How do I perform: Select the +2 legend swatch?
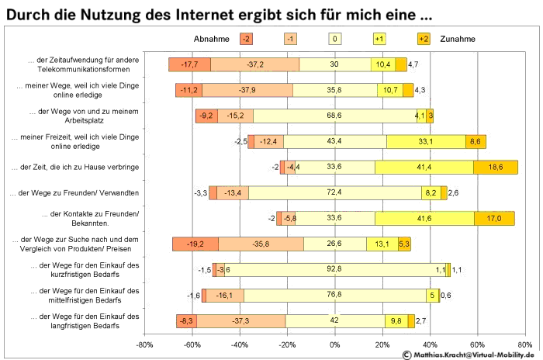[x=423, y=38]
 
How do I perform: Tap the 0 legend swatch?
[x=334, y=38]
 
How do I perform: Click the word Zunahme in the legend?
[x=458, y=38]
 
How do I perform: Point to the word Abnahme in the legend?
[x=210, y=38]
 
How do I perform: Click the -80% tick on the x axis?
[x=144, y=344]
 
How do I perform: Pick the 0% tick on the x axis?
[x=334, y=344]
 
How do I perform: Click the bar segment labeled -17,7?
[x=189, y=64]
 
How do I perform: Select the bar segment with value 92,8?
[x=335, y=269]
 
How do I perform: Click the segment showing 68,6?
[x=334, y=116]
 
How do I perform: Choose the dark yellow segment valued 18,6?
[x=495, y=167]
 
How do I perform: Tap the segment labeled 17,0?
[x=494, y=218]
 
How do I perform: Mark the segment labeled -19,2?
[x=195, y=244]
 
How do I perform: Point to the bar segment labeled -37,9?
[x=247, y=90]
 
